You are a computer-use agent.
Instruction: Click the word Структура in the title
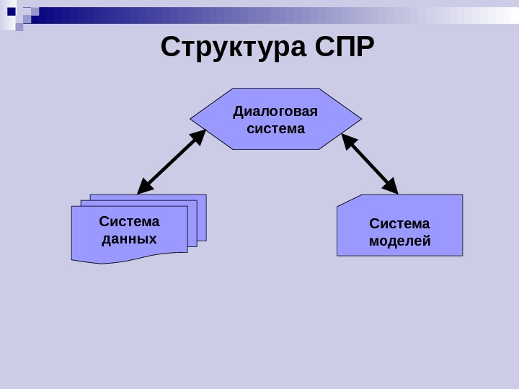click(234, 48)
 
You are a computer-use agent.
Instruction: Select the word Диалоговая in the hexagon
click(275, 112)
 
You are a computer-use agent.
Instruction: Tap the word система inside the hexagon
click(275, 129)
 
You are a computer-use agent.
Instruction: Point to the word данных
click(129, 238)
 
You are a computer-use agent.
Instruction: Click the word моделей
click(399, 241)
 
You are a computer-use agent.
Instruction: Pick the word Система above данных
click(129, 221)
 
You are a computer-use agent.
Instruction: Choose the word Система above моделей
click(399, 223)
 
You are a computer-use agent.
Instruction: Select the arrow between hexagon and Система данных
click(172, 162)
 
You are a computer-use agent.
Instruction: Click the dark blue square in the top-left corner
click(11, 11)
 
